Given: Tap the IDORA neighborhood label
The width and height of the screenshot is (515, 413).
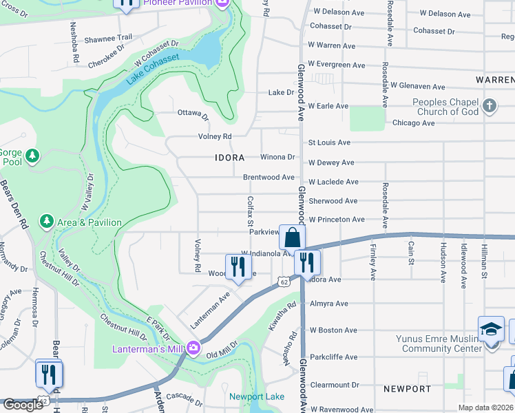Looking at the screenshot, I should click(x=229, y=158).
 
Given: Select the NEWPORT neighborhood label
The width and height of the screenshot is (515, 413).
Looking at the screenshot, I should click(x=408, y=389).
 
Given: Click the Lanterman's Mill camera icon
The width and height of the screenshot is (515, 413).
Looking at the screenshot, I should click(x=193, y=348).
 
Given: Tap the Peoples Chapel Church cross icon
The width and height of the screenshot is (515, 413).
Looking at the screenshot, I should click(x=490, y=106).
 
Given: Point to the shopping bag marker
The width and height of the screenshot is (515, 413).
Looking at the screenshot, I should click(x=292, y=237).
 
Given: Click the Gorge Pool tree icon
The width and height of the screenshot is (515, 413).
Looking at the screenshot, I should click(x=32, y=157).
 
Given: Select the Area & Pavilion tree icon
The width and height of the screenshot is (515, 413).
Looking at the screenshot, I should click(x=46, y=222).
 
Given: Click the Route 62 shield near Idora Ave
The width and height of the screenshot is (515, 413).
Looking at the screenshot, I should click(x=284, y=282).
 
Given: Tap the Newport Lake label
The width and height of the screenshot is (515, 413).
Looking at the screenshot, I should click(x=256, y=397).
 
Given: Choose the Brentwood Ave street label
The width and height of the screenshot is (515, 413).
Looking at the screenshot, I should click(x=269, y=177).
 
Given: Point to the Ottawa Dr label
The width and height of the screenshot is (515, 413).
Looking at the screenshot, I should click(x=193, y=114).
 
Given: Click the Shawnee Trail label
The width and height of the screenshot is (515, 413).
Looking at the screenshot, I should click(x=107, y=39).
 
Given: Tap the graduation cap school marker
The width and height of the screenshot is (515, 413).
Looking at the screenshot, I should click(x=491, y=329).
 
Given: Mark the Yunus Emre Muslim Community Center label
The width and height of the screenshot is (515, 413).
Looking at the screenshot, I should click(x=439, y=343).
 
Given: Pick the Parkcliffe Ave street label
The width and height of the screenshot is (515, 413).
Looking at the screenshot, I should click(x=333, y=357).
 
